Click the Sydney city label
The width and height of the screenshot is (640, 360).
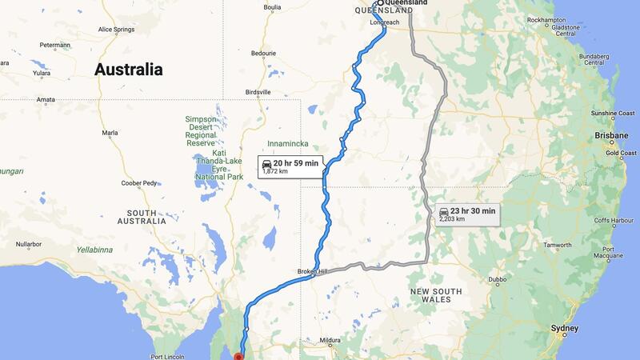pyautogui.click(x=566, y=329)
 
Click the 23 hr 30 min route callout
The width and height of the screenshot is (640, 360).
pyautogui.click(x=468, y=214)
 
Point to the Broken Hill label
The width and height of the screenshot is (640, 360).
pyautogui.click(x=314, y=272)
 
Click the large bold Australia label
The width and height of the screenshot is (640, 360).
pyautogui.click(x=129, y=70)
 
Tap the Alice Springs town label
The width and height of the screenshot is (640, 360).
pyautogui.click(x=116, y=30)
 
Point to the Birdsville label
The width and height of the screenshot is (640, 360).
pyautogui.click(x=258, y=92)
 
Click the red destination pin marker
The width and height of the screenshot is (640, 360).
pyautogui.click(x=238, y=356)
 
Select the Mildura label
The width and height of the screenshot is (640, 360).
pyautogui.click(x=330, y=340)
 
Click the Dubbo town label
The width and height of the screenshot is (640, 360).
pyautogui.click(x=497, y=279)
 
